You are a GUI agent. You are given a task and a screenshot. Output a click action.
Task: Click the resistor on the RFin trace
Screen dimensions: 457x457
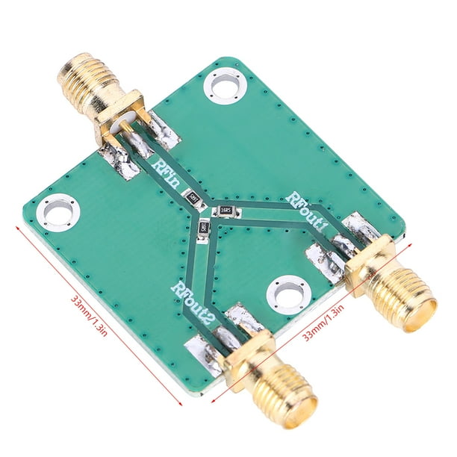194,199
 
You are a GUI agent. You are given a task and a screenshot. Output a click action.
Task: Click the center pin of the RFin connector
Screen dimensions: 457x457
127,135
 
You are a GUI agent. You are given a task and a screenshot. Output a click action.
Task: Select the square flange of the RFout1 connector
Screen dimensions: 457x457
369,264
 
